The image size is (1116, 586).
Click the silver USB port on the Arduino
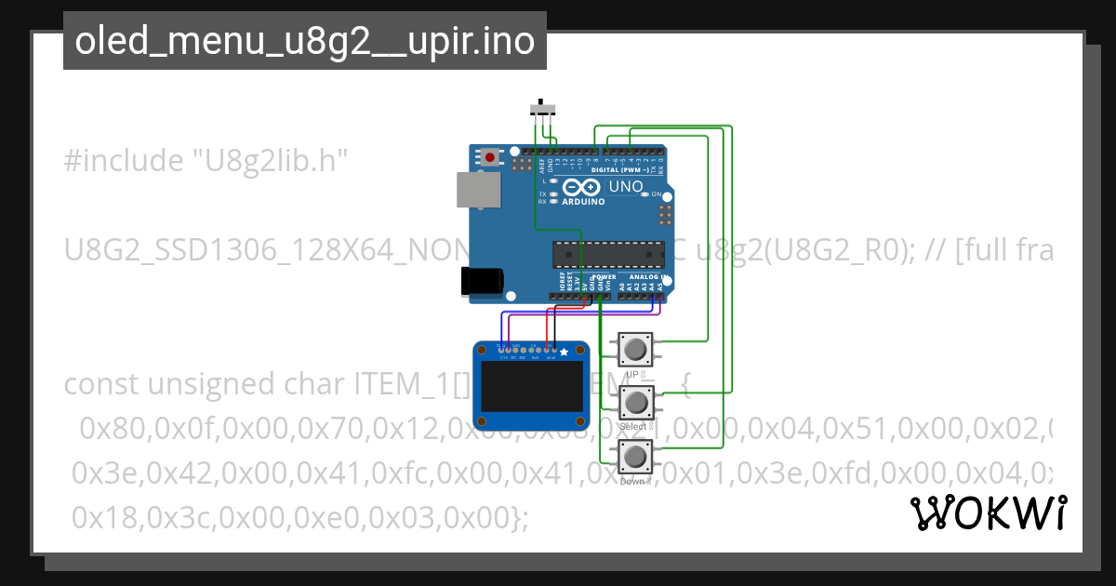click(x=477, y=190)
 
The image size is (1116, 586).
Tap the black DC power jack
click(x=484, y=281)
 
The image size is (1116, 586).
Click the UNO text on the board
click(x=625, y=187)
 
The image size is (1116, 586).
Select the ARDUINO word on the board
click(x=582, y=201)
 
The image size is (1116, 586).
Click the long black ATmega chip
click(x=608, y=253)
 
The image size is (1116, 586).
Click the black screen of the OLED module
click(x=532, y=384)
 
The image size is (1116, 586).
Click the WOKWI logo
click(x=988, y=513)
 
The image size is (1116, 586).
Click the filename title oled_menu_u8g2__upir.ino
click(x=304, y=41)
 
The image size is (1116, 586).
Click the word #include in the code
click(x=123, y=161)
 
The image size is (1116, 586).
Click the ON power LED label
click(x=656, y=194)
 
